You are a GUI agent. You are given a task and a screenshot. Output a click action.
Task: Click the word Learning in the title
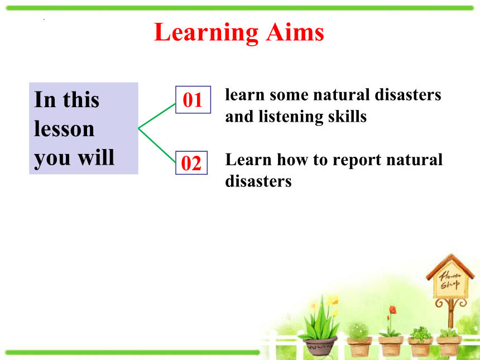click(x=207, y=33)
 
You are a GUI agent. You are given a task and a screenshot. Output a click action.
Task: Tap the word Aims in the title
click(x=295, y=32)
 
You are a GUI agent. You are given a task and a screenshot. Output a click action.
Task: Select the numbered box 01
click(x=193, y=100)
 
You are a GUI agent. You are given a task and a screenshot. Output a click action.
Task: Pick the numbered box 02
click(x=191, y=163)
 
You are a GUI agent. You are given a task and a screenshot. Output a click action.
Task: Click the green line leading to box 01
click(x=157, y=116)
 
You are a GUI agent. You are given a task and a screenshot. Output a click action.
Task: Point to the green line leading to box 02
click(x=157, y=145)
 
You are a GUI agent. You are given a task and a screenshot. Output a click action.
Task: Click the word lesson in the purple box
click(x=64, y=128)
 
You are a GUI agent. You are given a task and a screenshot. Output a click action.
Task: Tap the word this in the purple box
click(x=81, y=99)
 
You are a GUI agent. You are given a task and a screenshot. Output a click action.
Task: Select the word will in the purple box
click(x=96, y=157)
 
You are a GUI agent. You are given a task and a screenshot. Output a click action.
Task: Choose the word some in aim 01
click(x=289, y=95)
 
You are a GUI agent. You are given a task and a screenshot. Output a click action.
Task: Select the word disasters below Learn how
click(x=258, y=181)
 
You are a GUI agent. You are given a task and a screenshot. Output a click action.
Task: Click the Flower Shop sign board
click(x=450, y=281)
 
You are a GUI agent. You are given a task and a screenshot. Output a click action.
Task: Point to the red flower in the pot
click(x=393, y=310)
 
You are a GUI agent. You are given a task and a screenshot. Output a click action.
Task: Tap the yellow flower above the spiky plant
click(x=332, y=300)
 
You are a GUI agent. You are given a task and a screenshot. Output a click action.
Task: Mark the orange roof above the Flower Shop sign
click(x=450, y=265)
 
